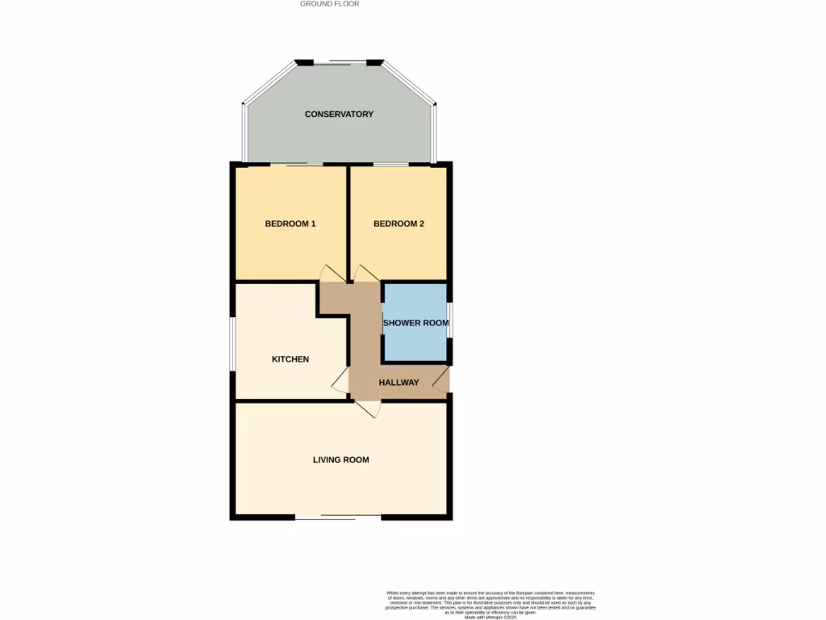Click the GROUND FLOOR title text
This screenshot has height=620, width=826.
click(x=329, y=4)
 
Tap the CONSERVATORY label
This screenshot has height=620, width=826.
click(x=339, y=115)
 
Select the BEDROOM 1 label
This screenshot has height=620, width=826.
click(x=290, y=224)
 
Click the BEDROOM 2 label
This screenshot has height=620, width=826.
click(x=398, y=224)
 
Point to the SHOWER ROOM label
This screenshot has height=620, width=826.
click(x=415, y=323)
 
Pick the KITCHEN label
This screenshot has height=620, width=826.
click(x=290, y=359)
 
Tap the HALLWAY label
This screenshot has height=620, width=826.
click(x=399, y=383)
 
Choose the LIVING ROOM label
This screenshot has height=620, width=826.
click(x=340, y=460)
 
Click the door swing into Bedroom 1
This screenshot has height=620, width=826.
click(x=331, y=274)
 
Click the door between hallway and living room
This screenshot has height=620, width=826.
click(x=368, y=409)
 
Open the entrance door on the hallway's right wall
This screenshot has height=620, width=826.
click(x=441, y=379)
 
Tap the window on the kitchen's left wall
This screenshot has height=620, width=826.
click(x=232, y=344)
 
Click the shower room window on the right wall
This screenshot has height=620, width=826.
click(x=450, y=318)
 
